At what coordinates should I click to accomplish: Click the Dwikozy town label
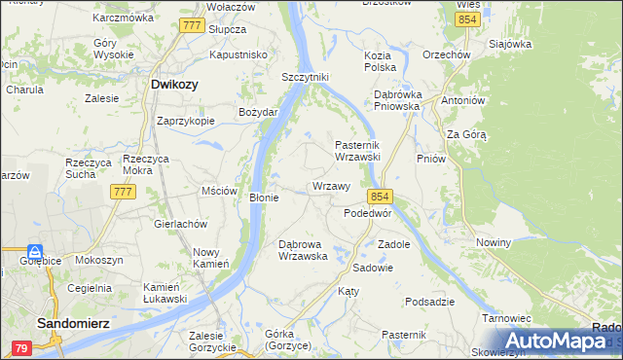[x=174, y=85]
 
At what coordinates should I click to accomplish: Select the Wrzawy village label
[x=331, y=186]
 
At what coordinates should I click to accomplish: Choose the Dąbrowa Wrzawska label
[x=309, y=250]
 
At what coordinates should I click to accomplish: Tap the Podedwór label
[x=368, y=212]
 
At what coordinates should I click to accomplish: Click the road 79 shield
[x=21, y=347]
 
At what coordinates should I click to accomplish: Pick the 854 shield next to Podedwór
[x=380, y=196]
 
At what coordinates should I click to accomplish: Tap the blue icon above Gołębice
[x=35, y=250]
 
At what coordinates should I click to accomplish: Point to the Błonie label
[x=265, y=198]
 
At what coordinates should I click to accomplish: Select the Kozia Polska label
[x=379, y=62]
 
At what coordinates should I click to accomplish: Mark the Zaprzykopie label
[x=186, y=122]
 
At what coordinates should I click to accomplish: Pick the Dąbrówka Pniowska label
[x=396, y=100]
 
